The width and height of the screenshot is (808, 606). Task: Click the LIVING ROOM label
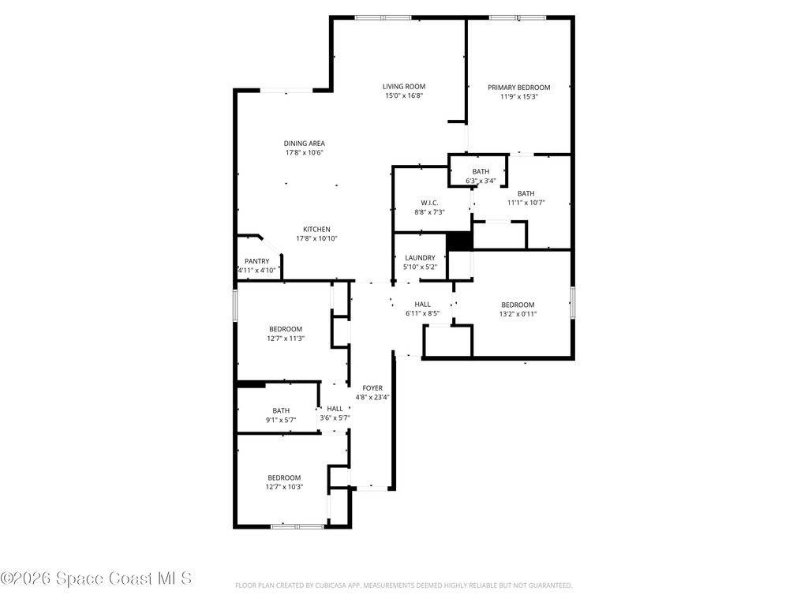[x=404, y=87]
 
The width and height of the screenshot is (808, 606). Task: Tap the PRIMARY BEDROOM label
[x=518, y=88]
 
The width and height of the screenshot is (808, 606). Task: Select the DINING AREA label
[x=305, y=144]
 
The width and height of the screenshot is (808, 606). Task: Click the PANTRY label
[x=256, y=261]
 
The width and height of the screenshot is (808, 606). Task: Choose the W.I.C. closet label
[x=430, y=203]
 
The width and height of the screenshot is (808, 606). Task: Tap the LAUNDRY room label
[x=420, y=258]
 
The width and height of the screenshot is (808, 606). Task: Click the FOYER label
[x=372, y=388]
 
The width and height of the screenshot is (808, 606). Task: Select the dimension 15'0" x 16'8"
[x=404, y=96]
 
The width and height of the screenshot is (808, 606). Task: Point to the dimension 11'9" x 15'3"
[x=518, y=97]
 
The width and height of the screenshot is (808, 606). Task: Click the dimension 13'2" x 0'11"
[x=518, y=314]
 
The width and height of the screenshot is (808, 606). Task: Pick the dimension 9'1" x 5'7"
[x=281, y=420]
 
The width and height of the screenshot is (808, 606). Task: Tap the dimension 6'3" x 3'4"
[x=481, y=181]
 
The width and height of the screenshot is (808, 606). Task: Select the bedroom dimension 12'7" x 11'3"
[x=285, y=339]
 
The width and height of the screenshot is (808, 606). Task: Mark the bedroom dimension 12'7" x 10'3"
[x=283, y=487]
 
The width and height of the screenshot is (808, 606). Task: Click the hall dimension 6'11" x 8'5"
[x=422, y=313]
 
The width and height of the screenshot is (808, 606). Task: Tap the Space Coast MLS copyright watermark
[x=96, y=578]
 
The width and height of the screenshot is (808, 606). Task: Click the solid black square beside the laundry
[x=458, y=241]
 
